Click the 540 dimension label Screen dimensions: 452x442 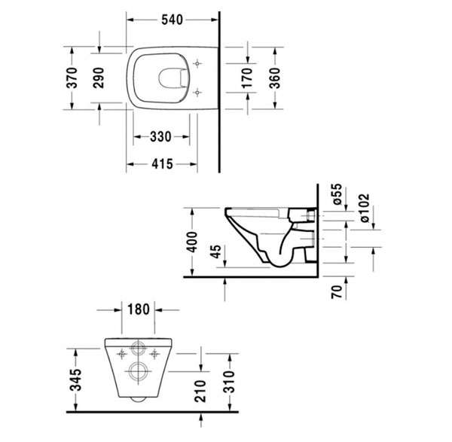click(172, 20)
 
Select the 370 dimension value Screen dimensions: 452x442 click(72, 78)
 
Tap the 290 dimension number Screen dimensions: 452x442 click(99, 78)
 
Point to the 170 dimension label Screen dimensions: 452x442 click(247, 78)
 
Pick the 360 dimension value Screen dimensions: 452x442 click(275, 78)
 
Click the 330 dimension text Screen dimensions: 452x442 click(160, 136)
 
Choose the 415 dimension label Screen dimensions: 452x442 click(162, 164)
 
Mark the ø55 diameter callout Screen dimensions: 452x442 click(337, 194)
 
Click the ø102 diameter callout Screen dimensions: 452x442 click(365, 208)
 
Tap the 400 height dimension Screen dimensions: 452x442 click(191, 242)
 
